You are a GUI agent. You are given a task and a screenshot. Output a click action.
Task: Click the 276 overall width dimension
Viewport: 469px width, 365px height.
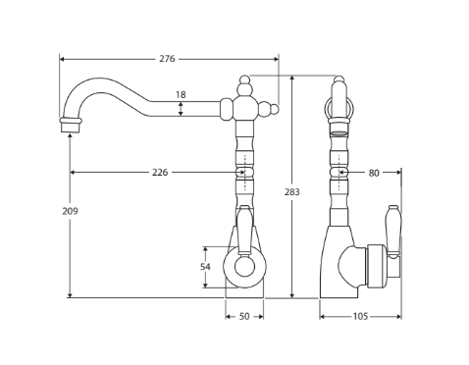click(167, 59)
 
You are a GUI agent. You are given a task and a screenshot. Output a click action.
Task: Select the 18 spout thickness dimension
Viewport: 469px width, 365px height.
click(181, 95)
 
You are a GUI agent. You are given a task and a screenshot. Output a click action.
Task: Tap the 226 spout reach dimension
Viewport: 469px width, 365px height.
click(160, 172)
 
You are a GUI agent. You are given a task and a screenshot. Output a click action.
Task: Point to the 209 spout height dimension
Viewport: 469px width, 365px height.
click(70, 211)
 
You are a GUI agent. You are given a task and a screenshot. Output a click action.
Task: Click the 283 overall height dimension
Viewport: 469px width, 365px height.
click(291, 192)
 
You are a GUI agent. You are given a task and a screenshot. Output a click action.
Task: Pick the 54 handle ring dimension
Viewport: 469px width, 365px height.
click(205, 267)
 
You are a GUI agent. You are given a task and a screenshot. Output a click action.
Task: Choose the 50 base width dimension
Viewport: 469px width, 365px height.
click(244, 317)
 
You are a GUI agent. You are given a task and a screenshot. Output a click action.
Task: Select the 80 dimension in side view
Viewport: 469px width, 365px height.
click(374, 173)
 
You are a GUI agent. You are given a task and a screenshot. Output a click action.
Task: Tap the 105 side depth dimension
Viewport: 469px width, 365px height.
click(360, 317)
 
